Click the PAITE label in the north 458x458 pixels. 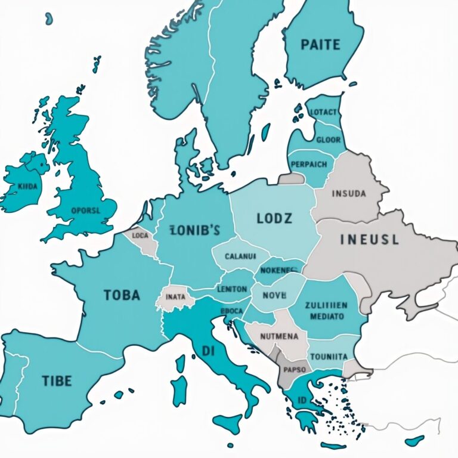click(x=321, y=45)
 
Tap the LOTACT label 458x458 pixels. click(x=324, y=112)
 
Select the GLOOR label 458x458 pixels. click(x=329, y=140)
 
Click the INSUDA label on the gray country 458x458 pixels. click(x=352, y=193)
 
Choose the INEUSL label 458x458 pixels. click(x=369, y=240)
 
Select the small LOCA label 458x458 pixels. click(x=140, y=236)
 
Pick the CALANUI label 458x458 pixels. click(x=240, y=256)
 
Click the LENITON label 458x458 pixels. click(x=231, y=289)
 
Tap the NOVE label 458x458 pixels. click(x=274, y=295)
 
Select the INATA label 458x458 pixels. click(x=175, y=296)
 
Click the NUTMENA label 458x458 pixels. click(x=279, y=336)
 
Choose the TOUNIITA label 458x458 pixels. click(x=329, y=356)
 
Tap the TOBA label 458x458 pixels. click(x=122, y=295)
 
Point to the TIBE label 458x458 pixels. click(x=57, y=380)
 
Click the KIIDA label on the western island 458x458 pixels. click(x=27, y=186)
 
